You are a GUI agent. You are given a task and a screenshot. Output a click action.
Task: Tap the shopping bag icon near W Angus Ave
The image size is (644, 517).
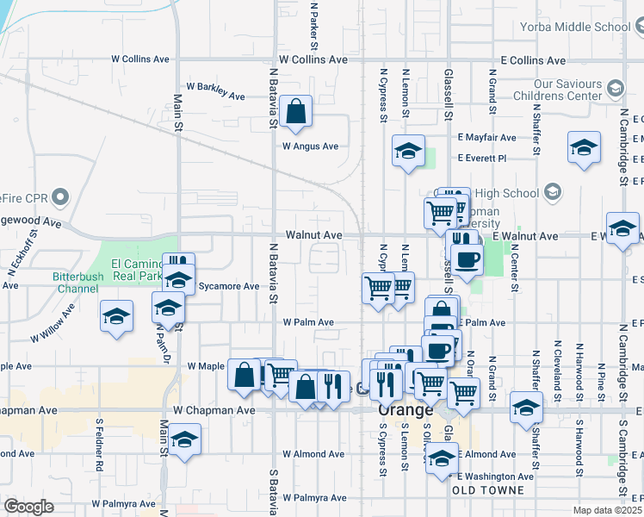tap(295, 113)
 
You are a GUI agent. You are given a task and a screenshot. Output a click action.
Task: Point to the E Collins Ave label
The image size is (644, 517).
tap(533, 61)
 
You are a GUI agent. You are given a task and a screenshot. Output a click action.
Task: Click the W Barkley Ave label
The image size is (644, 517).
tap(215, 92)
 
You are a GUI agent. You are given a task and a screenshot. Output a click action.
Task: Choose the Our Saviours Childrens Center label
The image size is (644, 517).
tap(568, 90)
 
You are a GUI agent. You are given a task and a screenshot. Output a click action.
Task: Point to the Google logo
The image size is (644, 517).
tap(28, 507)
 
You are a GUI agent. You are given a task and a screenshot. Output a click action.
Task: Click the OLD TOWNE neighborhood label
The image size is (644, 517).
tap(487, 490)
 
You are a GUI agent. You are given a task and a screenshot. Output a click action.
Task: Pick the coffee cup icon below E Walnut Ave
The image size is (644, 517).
tap(467, 260)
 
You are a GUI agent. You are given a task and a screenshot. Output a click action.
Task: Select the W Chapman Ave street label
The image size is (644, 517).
tap(214, 411)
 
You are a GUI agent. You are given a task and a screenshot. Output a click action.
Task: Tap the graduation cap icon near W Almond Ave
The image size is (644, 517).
tap(185, 440)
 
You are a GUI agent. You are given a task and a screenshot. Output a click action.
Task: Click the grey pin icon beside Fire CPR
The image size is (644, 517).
tap(59, 197)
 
